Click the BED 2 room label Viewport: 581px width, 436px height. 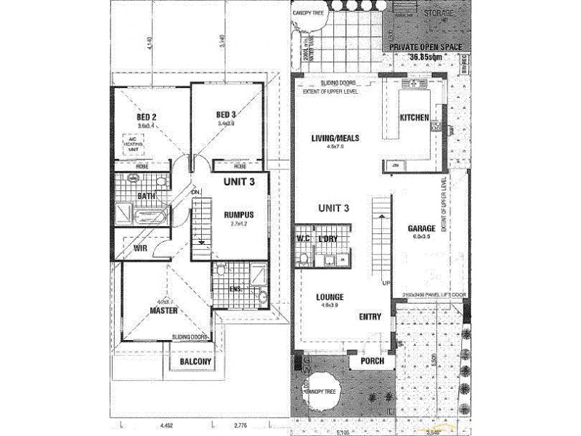[x=147, y=116]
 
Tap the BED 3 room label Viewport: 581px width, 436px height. [x=227, y=114]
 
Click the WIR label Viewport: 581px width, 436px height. [x=141, y=248]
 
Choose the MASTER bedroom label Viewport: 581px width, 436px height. [x=164, y=310]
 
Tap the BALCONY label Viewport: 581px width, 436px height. [x=192, y=362]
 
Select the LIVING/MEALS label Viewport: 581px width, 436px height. [x=336, y=137]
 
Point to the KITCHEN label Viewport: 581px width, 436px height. [x=415, y=118]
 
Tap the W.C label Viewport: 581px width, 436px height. [x=304, y=238]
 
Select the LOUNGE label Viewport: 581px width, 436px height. [x=330, y=296]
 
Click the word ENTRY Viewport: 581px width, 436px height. [x=370, y=317]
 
